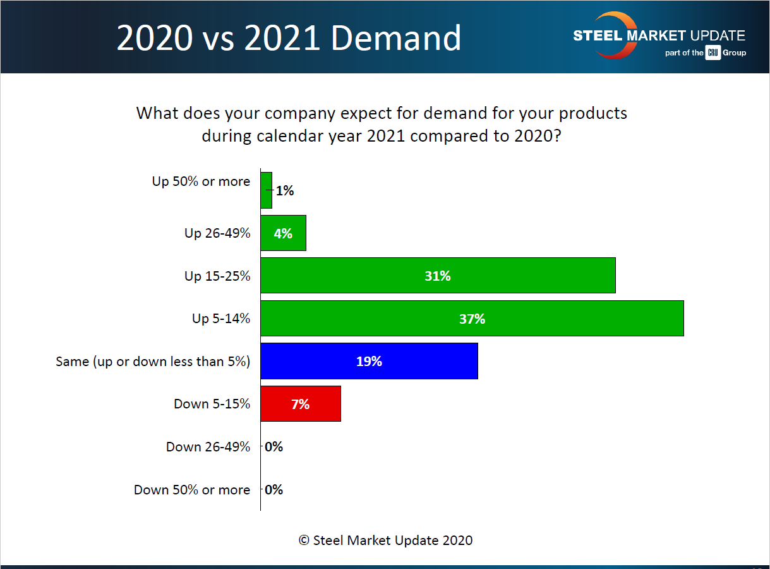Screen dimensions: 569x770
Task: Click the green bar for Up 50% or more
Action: click(266, 190)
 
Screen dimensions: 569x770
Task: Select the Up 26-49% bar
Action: click(283, 233)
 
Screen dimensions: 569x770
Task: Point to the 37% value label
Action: click(472, 319)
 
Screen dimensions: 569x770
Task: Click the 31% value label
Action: click(438, 276)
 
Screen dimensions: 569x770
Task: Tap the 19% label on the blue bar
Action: click(369, 361)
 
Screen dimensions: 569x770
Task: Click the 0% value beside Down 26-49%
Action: click(274, 447)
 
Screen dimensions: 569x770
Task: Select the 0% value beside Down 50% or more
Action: click(274, 489)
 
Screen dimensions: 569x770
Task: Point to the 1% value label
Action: click(285, 190)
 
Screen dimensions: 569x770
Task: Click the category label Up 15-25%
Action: click(217, 276)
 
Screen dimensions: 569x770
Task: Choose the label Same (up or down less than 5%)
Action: click(153, 362)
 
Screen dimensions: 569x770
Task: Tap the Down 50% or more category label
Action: click(192, 490)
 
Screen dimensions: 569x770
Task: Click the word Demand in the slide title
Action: click(397, 38)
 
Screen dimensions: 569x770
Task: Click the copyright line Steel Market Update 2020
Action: click(385, 540)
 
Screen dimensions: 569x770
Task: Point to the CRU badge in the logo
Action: click(713, 53)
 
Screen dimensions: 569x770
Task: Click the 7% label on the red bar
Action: click(301, 404)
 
